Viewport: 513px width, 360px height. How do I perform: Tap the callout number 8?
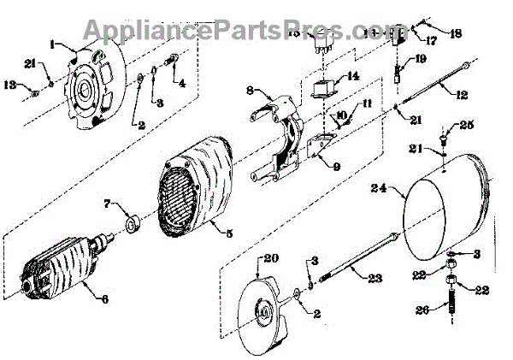point(250,90)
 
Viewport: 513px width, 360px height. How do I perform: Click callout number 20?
point(271,259)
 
